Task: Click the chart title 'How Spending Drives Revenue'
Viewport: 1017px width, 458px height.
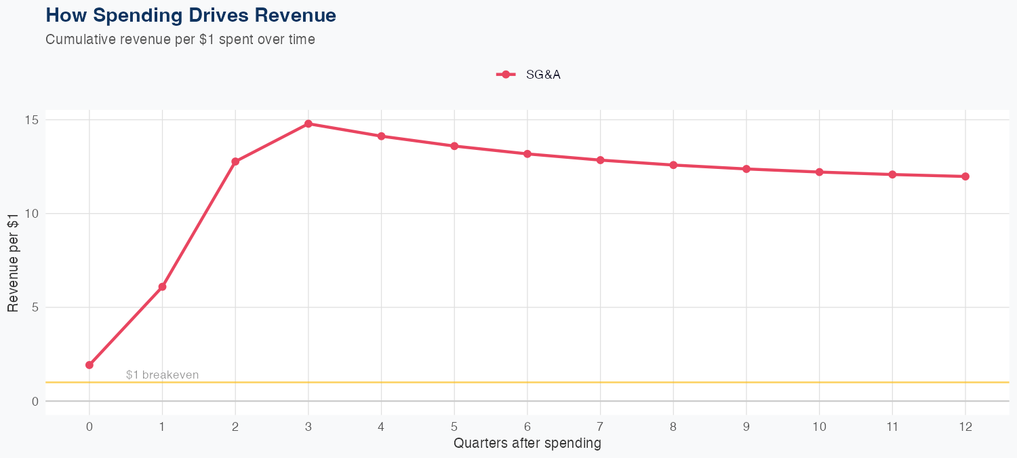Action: pos(191,15)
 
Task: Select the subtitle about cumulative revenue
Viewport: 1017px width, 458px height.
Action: pos(180,39)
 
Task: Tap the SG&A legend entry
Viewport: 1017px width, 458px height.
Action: pos(529,75)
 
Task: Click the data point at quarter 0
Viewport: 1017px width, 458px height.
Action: pos(89,365)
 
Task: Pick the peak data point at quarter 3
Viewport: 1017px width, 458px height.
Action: pos(308,123)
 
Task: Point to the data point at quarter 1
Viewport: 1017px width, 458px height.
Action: pos(162,287)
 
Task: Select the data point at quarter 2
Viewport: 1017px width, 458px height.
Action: pos(235,161)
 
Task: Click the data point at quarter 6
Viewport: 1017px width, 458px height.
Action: pos(527,154)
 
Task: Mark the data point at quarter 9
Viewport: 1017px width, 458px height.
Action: pos(746,169)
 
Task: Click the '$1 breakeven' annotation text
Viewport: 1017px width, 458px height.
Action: pos(162,375)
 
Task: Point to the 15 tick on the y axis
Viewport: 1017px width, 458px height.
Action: pos(32,120)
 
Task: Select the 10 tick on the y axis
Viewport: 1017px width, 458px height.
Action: pos(32,214)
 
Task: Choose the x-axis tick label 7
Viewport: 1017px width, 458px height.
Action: pos(600,427)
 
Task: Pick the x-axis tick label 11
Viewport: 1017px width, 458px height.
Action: pos(892,427)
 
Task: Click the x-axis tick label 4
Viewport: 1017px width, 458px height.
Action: pos(381,427)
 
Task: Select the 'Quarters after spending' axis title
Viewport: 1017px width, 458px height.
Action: pos(527,444)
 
